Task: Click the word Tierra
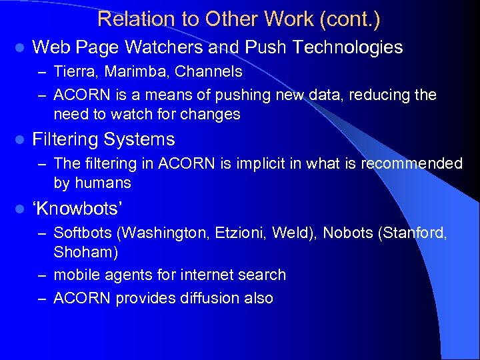[x=73, y=71]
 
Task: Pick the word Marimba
[x=131, y=71]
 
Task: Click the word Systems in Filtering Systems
[x=144, y=139]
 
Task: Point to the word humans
[x=103, y=183]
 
